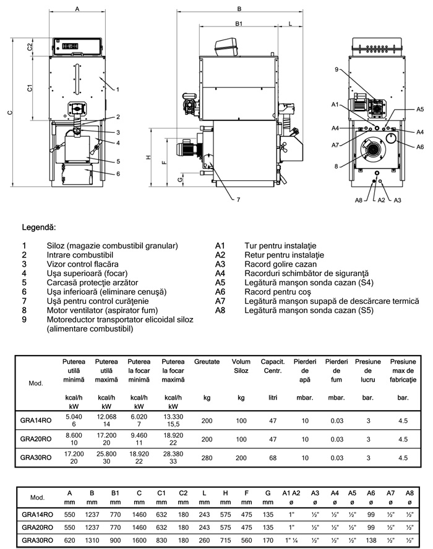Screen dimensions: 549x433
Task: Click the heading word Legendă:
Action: [39, 228]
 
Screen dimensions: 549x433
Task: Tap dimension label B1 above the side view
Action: [238, 23]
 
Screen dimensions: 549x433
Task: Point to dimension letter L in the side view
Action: [291, 23]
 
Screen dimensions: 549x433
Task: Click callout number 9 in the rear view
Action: [337, 70]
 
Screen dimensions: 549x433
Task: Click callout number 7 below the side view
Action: [238, 199]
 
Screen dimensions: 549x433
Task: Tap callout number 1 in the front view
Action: [115, 90]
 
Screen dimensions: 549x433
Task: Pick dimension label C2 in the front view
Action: [30, 48]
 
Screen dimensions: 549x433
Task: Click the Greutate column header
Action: [207, 361]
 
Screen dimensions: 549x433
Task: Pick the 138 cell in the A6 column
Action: [371, 540]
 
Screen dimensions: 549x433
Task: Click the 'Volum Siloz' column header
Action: [241, 366]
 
